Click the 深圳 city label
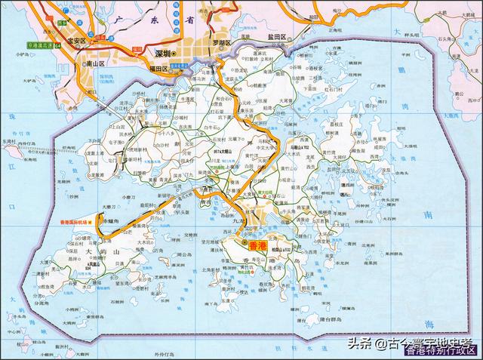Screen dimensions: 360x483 click(160, 54)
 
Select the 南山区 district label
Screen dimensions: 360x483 click(96, 66)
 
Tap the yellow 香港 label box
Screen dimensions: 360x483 click(248, 245)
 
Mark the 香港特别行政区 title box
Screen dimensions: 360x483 click(441, 349)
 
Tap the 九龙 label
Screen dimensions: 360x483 click(238, 219)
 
